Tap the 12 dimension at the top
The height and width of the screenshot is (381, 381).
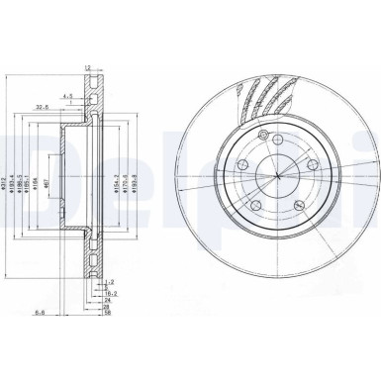(88, 67)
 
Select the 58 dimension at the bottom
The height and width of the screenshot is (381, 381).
(106, 313)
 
